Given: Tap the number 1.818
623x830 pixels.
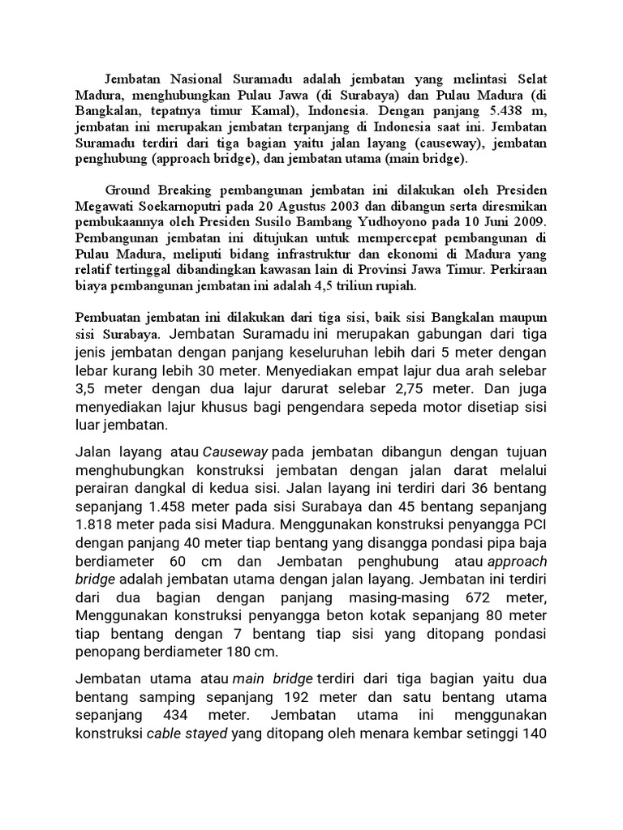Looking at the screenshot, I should click(98, 523).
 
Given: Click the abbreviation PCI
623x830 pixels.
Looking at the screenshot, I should click(535, 523).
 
